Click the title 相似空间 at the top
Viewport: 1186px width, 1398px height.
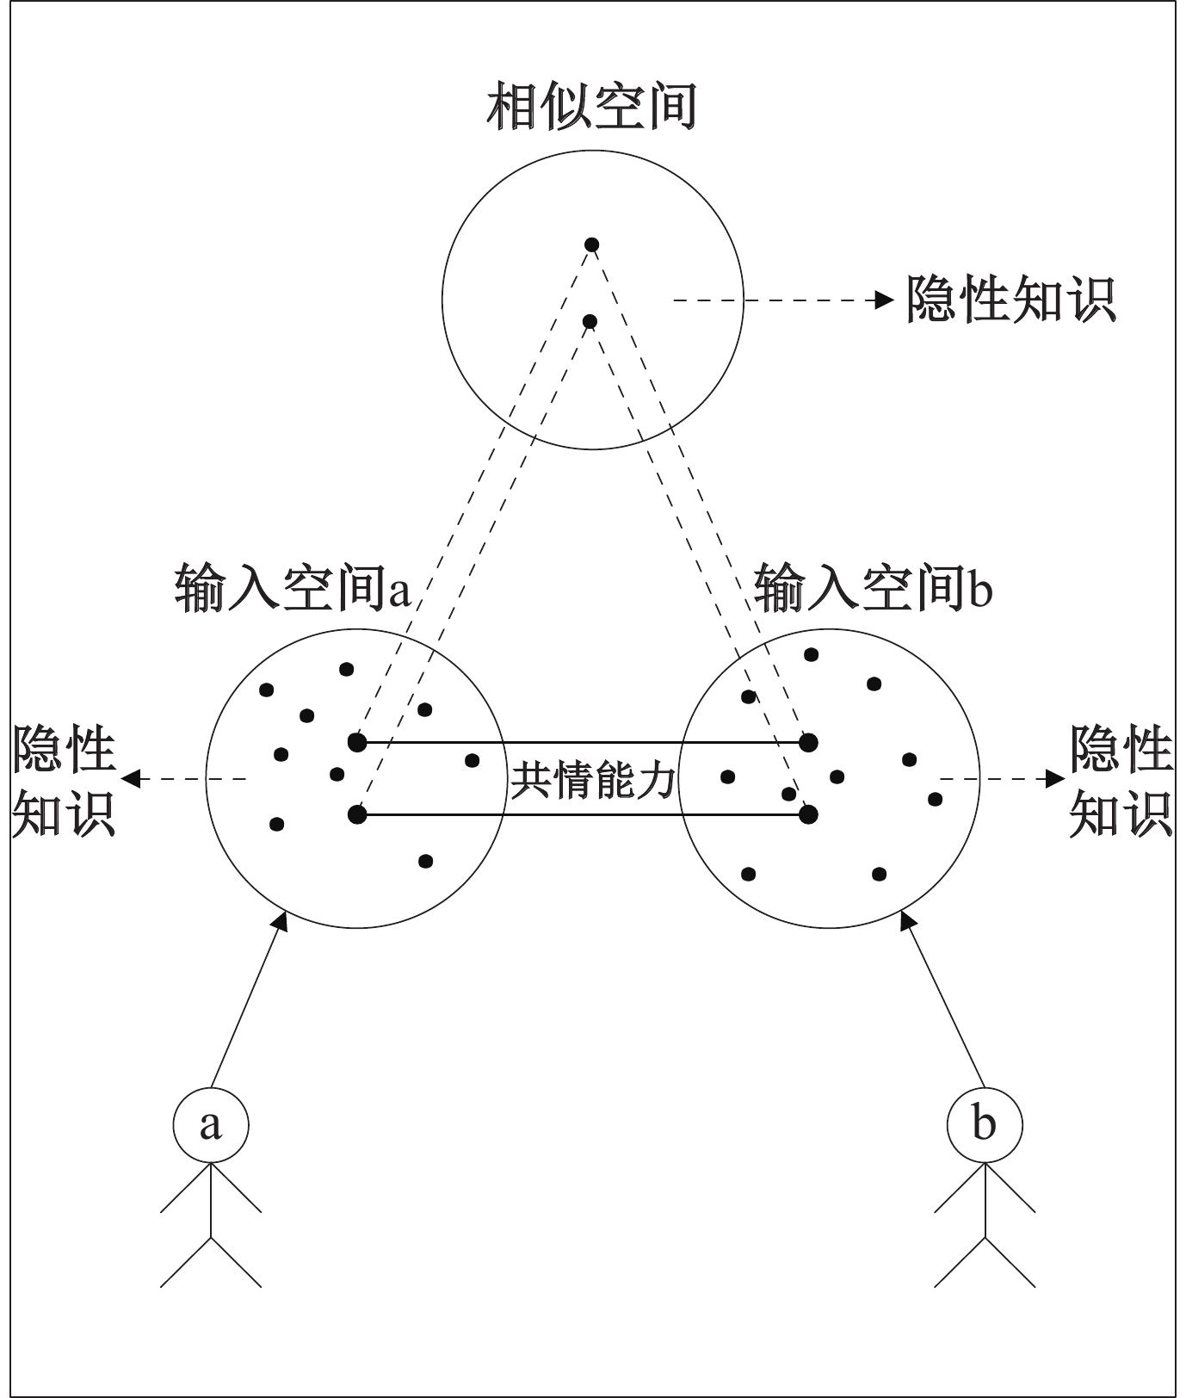pyautogui.click(x=591, y=107)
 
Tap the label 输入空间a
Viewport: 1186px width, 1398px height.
pyautogui.click(x=293, y=590)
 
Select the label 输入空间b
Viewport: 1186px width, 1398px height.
pyautogui.click(x=873, y=590)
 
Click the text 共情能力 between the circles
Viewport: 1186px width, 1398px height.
pyautogui.click(x=593, y=780)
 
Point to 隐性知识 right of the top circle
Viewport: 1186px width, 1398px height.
pyautogui.click(x=1010, y=300)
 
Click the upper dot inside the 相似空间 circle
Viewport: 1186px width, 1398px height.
pyautogui.click(x=591, y=245)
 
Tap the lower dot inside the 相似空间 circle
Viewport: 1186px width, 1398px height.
pyautogui.click(x=590, y=322)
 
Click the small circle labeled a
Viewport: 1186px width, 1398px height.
pyautogui.click(x=211, y=1124)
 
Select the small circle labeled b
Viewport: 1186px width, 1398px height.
pyautogui.click(x=985, y=1124)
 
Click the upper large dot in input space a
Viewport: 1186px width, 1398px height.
pyautogui.click(x=358, y=741)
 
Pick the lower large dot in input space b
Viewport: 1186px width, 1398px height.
pyautogui.click(x=807, y=813)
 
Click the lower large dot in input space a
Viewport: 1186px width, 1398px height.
pyautogui.click(x=358, y=813)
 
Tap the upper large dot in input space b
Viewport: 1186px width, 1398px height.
pyautogui.click(x=807, y=741)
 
